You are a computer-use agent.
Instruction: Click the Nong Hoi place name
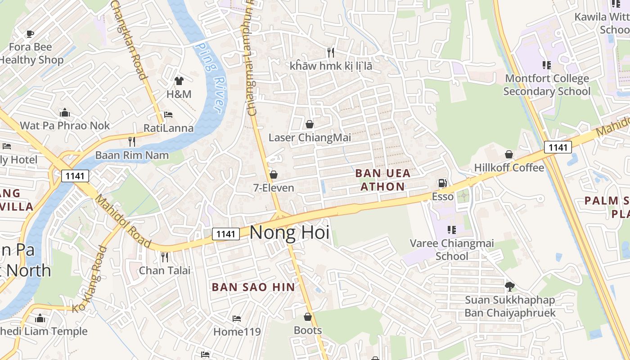289,233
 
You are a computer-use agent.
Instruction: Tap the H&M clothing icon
179,81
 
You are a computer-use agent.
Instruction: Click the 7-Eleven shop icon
274,175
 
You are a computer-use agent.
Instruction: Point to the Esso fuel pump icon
443,183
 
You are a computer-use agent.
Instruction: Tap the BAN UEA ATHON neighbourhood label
382,180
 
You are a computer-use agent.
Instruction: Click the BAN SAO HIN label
253,287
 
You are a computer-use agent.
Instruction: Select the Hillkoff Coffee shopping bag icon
509,154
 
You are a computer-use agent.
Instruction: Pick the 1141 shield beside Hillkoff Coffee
558,147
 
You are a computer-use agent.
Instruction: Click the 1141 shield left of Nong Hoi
225,234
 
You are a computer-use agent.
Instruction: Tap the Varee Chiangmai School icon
452,230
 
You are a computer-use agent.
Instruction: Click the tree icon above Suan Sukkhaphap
510,286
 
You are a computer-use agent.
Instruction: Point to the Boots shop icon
308,317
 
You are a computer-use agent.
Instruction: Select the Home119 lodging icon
237,319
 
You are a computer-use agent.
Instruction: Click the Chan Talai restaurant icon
165,257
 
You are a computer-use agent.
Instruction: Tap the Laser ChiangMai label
310,137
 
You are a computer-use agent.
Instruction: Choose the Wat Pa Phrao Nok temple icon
65,112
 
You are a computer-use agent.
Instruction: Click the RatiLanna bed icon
168,115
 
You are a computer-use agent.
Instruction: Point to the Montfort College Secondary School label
547,85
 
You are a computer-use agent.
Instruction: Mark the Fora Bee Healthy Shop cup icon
30,34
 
